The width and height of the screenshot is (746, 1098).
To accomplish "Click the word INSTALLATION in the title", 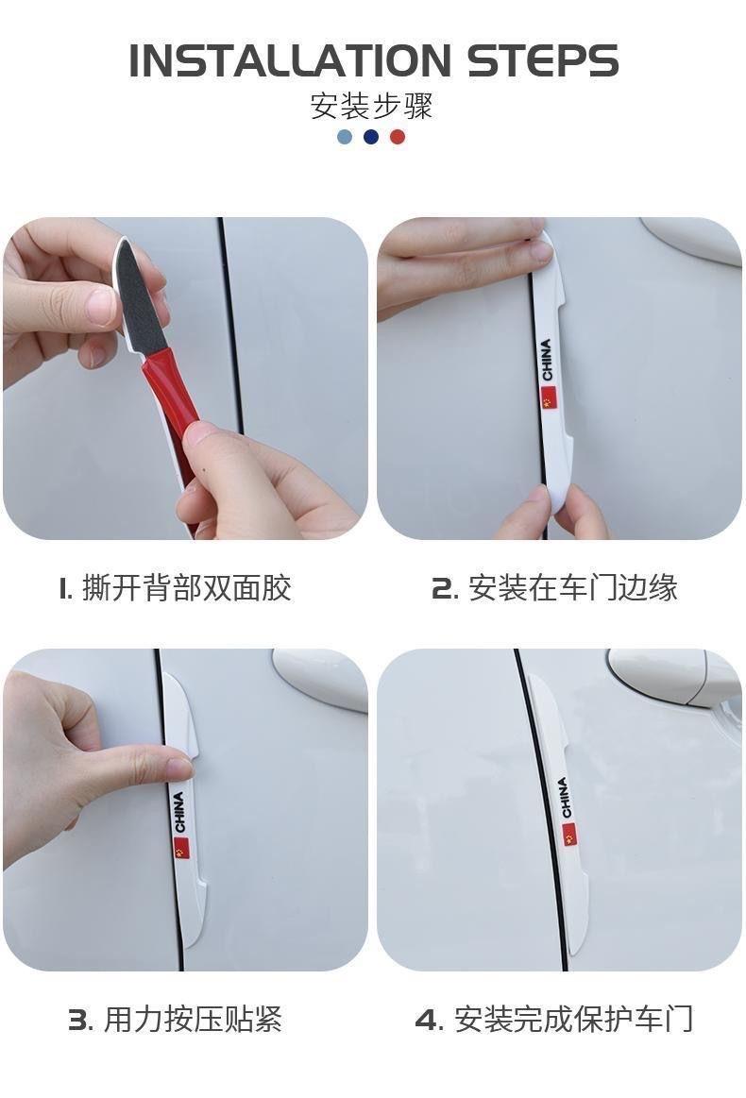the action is [x=290, y=61].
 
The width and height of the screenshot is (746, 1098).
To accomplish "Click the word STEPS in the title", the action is [x=543, y=61].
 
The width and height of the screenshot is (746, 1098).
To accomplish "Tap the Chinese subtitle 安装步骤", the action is [x=371, y=107].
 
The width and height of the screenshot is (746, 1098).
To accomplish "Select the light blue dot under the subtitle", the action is [x=345, y=137].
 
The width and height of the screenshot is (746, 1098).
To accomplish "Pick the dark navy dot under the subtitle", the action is [x=371, y=137].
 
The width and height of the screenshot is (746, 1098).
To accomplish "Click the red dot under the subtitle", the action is [x=398, y=137].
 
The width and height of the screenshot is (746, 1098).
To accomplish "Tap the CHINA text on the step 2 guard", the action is [x=547, y=360].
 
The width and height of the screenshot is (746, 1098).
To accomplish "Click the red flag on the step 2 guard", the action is [x=547, y=397].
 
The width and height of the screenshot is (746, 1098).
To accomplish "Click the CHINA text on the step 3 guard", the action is [x=178, y=812].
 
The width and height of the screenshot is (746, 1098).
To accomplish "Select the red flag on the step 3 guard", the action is [x=180, y=848].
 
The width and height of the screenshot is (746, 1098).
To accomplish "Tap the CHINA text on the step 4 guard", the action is [x=564, y=798].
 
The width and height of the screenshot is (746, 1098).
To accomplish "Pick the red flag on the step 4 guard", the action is [x=568, y=835].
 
